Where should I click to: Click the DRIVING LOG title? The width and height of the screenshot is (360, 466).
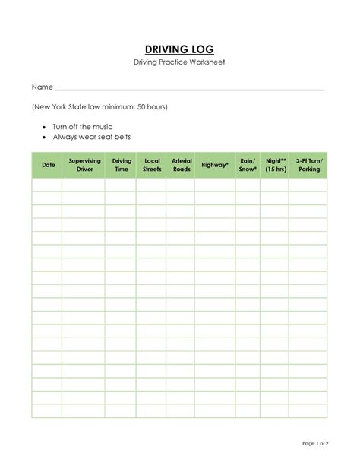pos(180,49)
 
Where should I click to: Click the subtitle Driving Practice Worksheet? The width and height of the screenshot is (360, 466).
pos(180,62)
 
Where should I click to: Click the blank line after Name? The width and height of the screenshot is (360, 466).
pos(190,88)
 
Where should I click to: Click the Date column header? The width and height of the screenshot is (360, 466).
pos(48,165)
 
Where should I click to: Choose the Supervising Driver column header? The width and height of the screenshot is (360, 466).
pos(84,165)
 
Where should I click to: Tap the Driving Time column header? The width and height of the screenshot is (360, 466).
pos(122,165)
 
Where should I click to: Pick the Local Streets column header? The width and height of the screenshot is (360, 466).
pos(152,165)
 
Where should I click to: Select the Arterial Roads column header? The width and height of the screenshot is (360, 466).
pos(182,165)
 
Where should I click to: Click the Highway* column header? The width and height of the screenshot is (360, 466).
pos(215,165)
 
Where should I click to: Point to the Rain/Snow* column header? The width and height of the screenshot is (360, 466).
pos(248,165)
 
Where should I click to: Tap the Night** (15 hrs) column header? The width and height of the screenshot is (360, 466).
pos(275,165)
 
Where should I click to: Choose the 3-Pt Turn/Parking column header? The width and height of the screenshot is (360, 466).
pos(308,165)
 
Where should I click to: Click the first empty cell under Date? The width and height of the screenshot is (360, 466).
pos(48,185)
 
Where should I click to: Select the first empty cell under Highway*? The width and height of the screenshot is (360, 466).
pos(215,185)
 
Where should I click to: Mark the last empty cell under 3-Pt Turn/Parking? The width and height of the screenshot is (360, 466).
pos(308,411)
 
